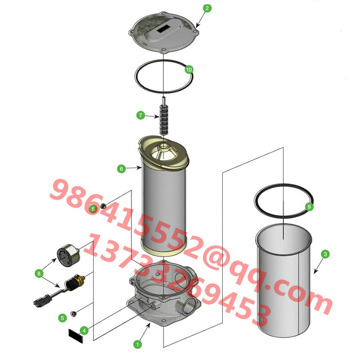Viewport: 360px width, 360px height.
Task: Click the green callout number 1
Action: coord(138,344)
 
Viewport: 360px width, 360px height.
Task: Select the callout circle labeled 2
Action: coord(207,8)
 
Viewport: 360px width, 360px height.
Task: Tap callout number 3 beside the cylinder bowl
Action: coord(325,254)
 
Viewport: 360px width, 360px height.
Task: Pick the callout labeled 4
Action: coord(84,331)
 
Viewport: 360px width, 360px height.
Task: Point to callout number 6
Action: coord(121,169)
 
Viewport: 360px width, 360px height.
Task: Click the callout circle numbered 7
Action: coord(140,115)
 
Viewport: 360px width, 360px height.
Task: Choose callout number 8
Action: coord(39,274)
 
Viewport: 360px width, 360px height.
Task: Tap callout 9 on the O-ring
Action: coord(309,207)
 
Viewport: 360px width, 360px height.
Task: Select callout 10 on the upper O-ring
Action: coord(189,69)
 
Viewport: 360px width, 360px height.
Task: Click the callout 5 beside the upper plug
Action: coord(93,209)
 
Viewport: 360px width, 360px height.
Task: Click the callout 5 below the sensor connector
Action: coord(62,318)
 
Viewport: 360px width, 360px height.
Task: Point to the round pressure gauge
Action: coord(68,256)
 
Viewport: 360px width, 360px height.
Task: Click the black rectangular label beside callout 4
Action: coord(76,336)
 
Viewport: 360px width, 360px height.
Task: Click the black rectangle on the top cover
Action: coord(163,28)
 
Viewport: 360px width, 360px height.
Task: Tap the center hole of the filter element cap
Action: coord(164,146)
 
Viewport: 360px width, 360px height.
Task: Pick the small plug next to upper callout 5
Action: coord(103,206)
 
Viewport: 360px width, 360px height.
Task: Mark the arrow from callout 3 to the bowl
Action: coord(319,265)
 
